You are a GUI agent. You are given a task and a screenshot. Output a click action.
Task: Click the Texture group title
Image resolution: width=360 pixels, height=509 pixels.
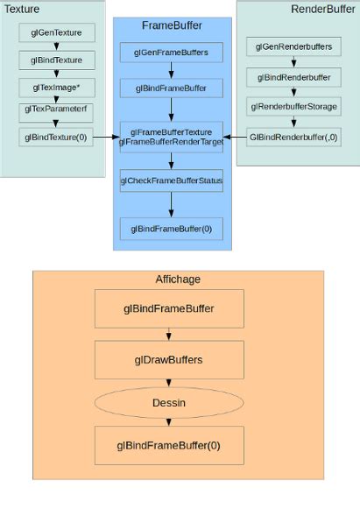point(22,8)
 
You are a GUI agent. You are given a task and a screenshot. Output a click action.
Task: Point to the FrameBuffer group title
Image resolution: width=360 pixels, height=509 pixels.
point(172,25)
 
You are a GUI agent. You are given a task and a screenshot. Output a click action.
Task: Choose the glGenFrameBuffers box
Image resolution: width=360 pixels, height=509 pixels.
point(172,53)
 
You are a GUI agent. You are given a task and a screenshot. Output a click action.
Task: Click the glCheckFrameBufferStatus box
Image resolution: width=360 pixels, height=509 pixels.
point(172,181)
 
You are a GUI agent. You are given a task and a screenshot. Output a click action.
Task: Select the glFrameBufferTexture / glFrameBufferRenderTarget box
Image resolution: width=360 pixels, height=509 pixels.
point(172,136)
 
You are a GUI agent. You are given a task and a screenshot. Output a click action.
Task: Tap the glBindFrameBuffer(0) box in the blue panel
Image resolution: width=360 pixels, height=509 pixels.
point(172,229)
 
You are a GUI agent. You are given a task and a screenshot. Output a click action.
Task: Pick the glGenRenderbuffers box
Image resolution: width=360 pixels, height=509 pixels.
point(293,46)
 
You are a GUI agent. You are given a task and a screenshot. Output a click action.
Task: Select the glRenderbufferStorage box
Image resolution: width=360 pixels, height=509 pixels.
point(293,107)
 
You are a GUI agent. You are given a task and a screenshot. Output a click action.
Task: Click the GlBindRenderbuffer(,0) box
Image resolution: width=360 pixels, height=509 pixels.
point(293,138)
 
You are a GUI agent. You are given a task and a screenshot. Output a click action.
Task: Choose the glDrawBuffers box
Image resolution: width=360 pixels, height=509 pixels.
point(168,358)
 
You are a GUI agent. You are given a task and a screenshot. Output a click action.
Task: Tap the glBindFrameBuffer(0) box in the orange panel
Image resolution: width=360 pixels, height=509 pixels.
point(168,445)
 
